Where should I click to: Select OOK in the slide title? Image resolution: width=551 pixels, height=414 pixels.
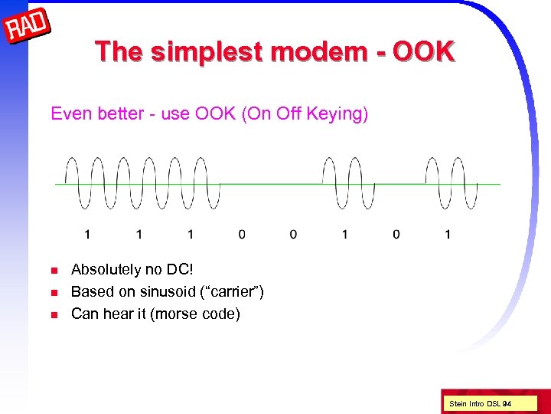coord(425,52)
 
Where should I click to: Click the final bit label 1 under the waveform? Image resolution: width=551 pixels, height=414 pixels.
coord(448,234)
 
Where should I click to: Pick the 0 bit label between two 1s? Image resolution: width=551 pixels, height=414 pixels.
coord(396,234)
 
